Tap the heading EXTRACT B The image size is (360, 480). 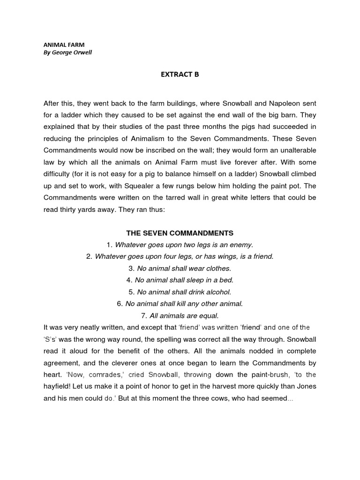pos(180,74)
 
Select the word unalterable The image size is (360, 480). pos(292,151)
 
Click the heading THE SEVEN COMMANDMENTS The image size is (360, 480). pos(180,233)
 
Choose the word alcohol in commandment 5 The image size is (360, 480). pos(218,292)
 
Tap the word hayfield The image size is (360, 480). pos(57,386)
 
